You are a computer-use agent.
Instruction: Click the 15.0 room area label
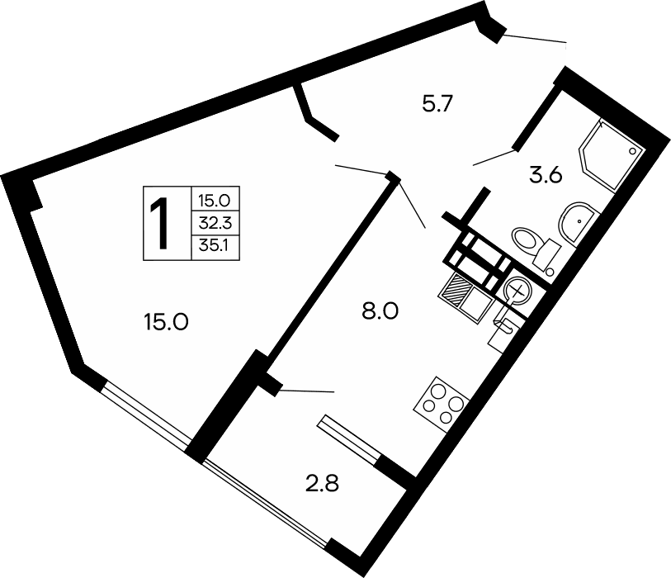(x=167, y=322)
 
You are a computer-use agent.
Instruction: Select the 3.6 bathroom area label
(x=545, y=174)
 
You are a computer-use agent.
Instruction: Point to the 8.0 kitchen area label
(x=380, y=311)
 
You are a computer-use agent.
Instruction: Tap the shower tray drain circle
(x=634, y=151)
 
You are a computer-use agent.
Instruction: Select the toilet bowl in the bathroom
(x=529, y=243)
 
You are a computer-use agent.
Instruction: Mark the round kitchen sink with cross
(x=517, y=291)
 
